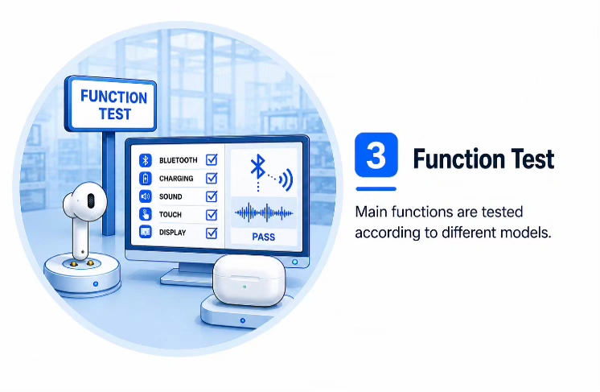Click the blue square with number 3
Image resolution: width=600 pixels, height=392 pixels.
(376, 155)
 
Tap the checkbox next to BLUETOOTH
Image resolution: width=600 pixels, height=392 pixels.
(212, 159)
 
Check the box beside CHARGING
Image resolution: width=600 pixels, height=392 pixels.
(212, 178)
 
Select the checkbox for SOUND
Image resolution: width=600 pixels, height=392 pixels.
(212, 196)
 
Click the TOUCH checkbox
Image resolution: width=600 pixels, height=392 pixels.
(212, 214)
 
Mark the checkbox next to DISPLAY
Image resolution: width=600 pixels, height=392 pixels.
(212, 233)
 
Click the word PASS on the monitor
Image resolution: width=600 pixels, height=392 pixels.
(263, 237)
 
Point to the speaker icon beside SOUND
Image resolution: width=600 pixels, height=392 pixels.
(146, 196)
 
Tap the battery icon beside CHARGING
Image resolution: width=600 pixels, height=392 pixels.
(146, 179)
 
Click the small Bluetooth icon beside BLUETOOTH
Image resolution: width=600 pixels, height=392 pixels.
(146, 160)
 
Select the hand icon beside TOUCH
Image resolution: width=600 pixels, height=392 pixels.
(146, 214)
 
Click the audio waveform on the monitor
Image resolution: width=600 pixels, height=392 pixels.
(264, 213)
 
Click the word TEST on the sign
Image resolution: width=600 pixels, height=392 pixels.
(115, 114)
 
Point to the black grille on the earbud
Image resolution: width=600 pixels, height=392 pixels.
(91, 201)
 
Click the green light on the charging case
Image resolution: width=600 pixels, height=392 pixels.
(245, 287)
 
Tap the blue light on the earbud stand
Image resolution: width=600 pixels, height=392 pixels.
(96, 283)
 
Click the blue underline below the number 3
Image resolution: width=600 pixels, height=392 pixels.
(376, 188)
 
